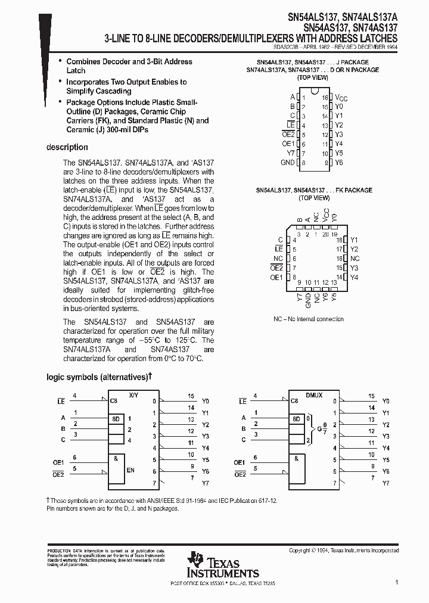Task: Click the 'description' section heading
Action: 67,147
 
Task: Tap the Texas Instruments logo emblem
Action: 195,561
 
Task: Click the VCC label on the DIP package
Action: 341,97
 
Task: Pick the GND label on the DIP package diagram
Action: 287,162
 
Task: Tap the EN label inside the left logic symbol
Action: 130,471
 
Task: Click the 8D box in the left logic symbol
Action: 114,419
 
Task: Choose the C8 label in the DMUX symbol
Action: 294,401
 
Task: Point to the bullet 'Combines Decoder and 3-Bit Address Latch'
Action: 129,66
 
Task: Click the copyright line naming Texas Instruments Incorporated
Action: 344,551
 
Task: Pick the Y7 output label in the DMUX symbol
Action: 386,483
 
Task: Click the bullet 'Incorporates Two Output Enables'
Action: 126,86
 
